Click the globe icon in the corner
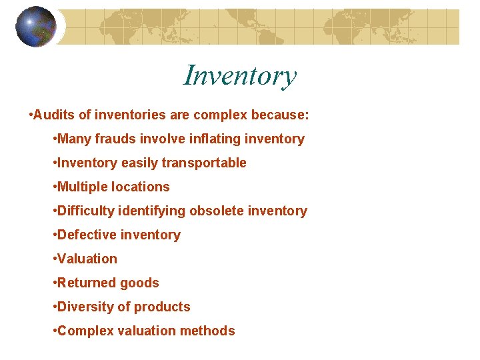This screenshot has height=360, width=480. pos(36,27)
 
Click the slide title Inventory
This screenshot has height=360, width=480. pos(239,75)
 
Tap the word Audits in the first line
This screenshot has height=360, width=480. pos(55,115)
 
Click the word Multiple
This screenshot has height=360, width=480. pos(82,187)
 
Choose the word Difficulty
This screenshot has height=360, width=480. pos(86,211)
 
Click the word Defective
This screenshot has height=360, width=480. pos(85,235)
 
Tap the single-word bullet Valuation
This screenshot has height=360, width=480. pos(87,259)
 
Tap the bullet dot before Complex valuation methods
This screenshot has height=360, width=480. pos(53,331)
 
